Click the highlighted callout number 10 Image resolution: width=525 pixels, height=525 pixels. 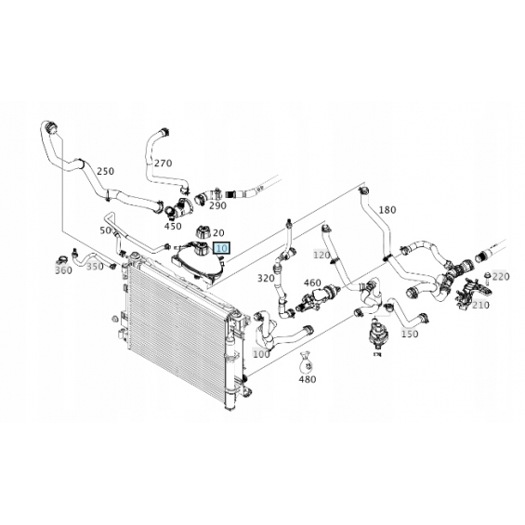click(222, 248)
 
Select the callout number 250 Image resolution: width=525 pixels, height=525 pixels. click(106, 171)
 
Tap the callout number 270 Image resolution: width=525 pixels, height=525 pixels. click(163, 163)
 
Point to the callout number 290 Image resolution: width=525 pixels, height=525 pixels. click(217, 205)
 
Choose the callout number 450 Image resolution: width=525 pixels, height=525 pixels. click(173, 227)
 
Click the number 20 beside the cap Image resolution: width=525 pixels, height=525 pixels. click(218, 232)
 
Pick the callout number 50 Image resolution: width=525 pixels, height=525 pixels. click(106, 230)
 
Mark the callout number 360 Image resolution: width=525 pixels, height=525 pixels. click(63, 270)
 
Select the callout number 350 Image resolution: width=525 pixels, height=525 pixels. click(95, 267)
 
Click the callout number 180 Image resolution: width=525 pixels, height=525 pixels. click(387, 210)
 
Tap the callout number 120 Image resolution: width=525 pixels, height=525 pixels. click(322, 256)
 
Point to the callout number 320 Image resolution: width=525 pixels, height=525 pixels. click(266, 278)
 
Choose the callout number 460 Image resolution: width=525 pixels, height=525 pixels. click(312, 283)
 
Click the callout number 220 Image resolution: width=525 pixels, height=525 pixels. click(501, 277)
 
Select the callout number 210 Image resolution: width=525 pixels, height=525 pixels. click(480, 305)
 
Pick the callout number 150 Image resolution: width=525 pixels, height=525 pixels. click(410, 334)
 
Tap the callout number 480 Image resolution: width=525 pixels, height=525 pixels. click(307, 379)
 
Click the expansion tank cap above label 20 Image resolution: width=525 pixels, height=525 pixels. click(203, 231)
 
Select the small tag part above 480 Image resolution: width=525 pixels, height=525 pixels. click(305, 362)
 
